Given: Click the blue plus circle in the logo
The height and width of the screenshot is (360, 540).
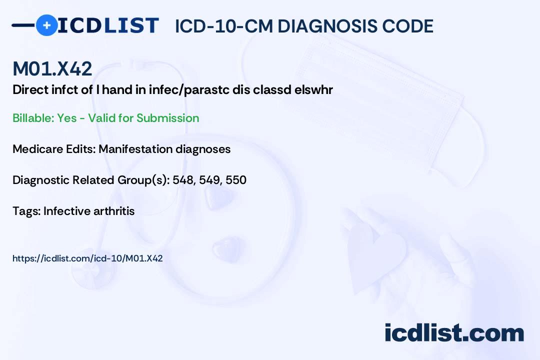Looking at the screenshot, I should point(46,25).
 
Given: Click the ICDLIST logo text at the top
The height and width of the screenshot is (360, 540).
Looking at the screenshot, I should point(108,25).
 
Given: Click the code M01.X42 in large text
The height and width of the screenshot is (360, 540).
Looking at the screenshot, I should point(52,69).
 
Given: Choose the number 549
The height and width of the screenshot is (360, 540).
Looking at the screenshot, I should point(209,180).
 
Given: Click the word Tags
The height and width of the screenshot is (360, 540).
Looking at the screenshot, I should point(25,211).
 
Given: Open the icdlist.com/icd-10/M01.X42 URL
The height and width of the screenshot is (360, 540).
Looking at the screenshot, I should point(87,258).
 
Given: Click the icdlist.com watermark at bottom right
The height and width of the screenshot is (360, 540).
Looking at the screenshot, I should point(454,333).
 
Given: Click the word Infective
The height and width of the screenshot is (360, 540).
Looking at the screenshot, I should point(66,211).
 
